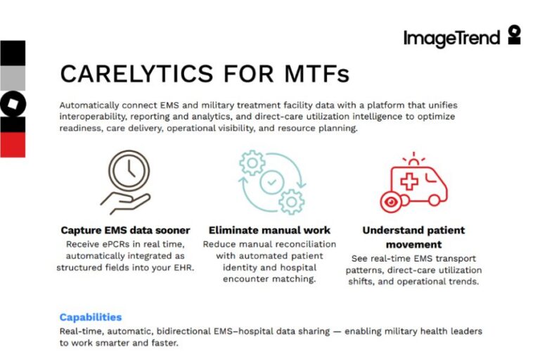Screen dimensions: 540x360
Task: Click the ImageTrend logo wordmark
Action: click(451, 38)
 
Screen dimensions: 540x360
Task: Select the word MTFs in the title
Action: click(317, 73)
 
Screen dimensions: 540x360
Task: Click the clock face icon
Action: click(129, 171)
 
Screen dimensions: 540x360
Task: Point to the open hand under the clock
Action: click(125, 203)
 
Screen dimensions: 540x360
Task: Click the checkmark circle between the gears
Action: click(272, 182)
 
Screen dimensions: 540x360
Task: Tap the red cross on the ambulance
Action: click(409, 180)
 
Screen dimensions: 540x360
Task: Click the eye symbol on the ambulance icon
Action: click(391, 202)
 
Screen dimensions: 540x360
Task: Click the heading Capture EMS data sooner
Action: click(125, 230)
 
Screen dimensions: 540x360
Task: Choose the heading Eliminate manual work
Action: click(269, 230)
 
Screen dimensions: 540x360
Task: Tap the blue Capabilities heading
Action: click(91, 317)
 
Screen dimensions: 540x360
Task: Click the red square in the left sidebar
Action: click(13, 145)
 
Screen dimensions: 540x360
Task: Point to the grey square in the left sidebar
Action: click(13, 78)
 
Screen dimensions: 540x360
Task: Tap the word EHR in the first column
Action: click(184, 267)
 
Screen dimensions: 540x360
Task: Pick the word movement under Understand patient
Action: click(413, 245)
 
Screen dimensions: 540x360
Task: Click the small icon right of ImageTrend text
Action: click(515, 34)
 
